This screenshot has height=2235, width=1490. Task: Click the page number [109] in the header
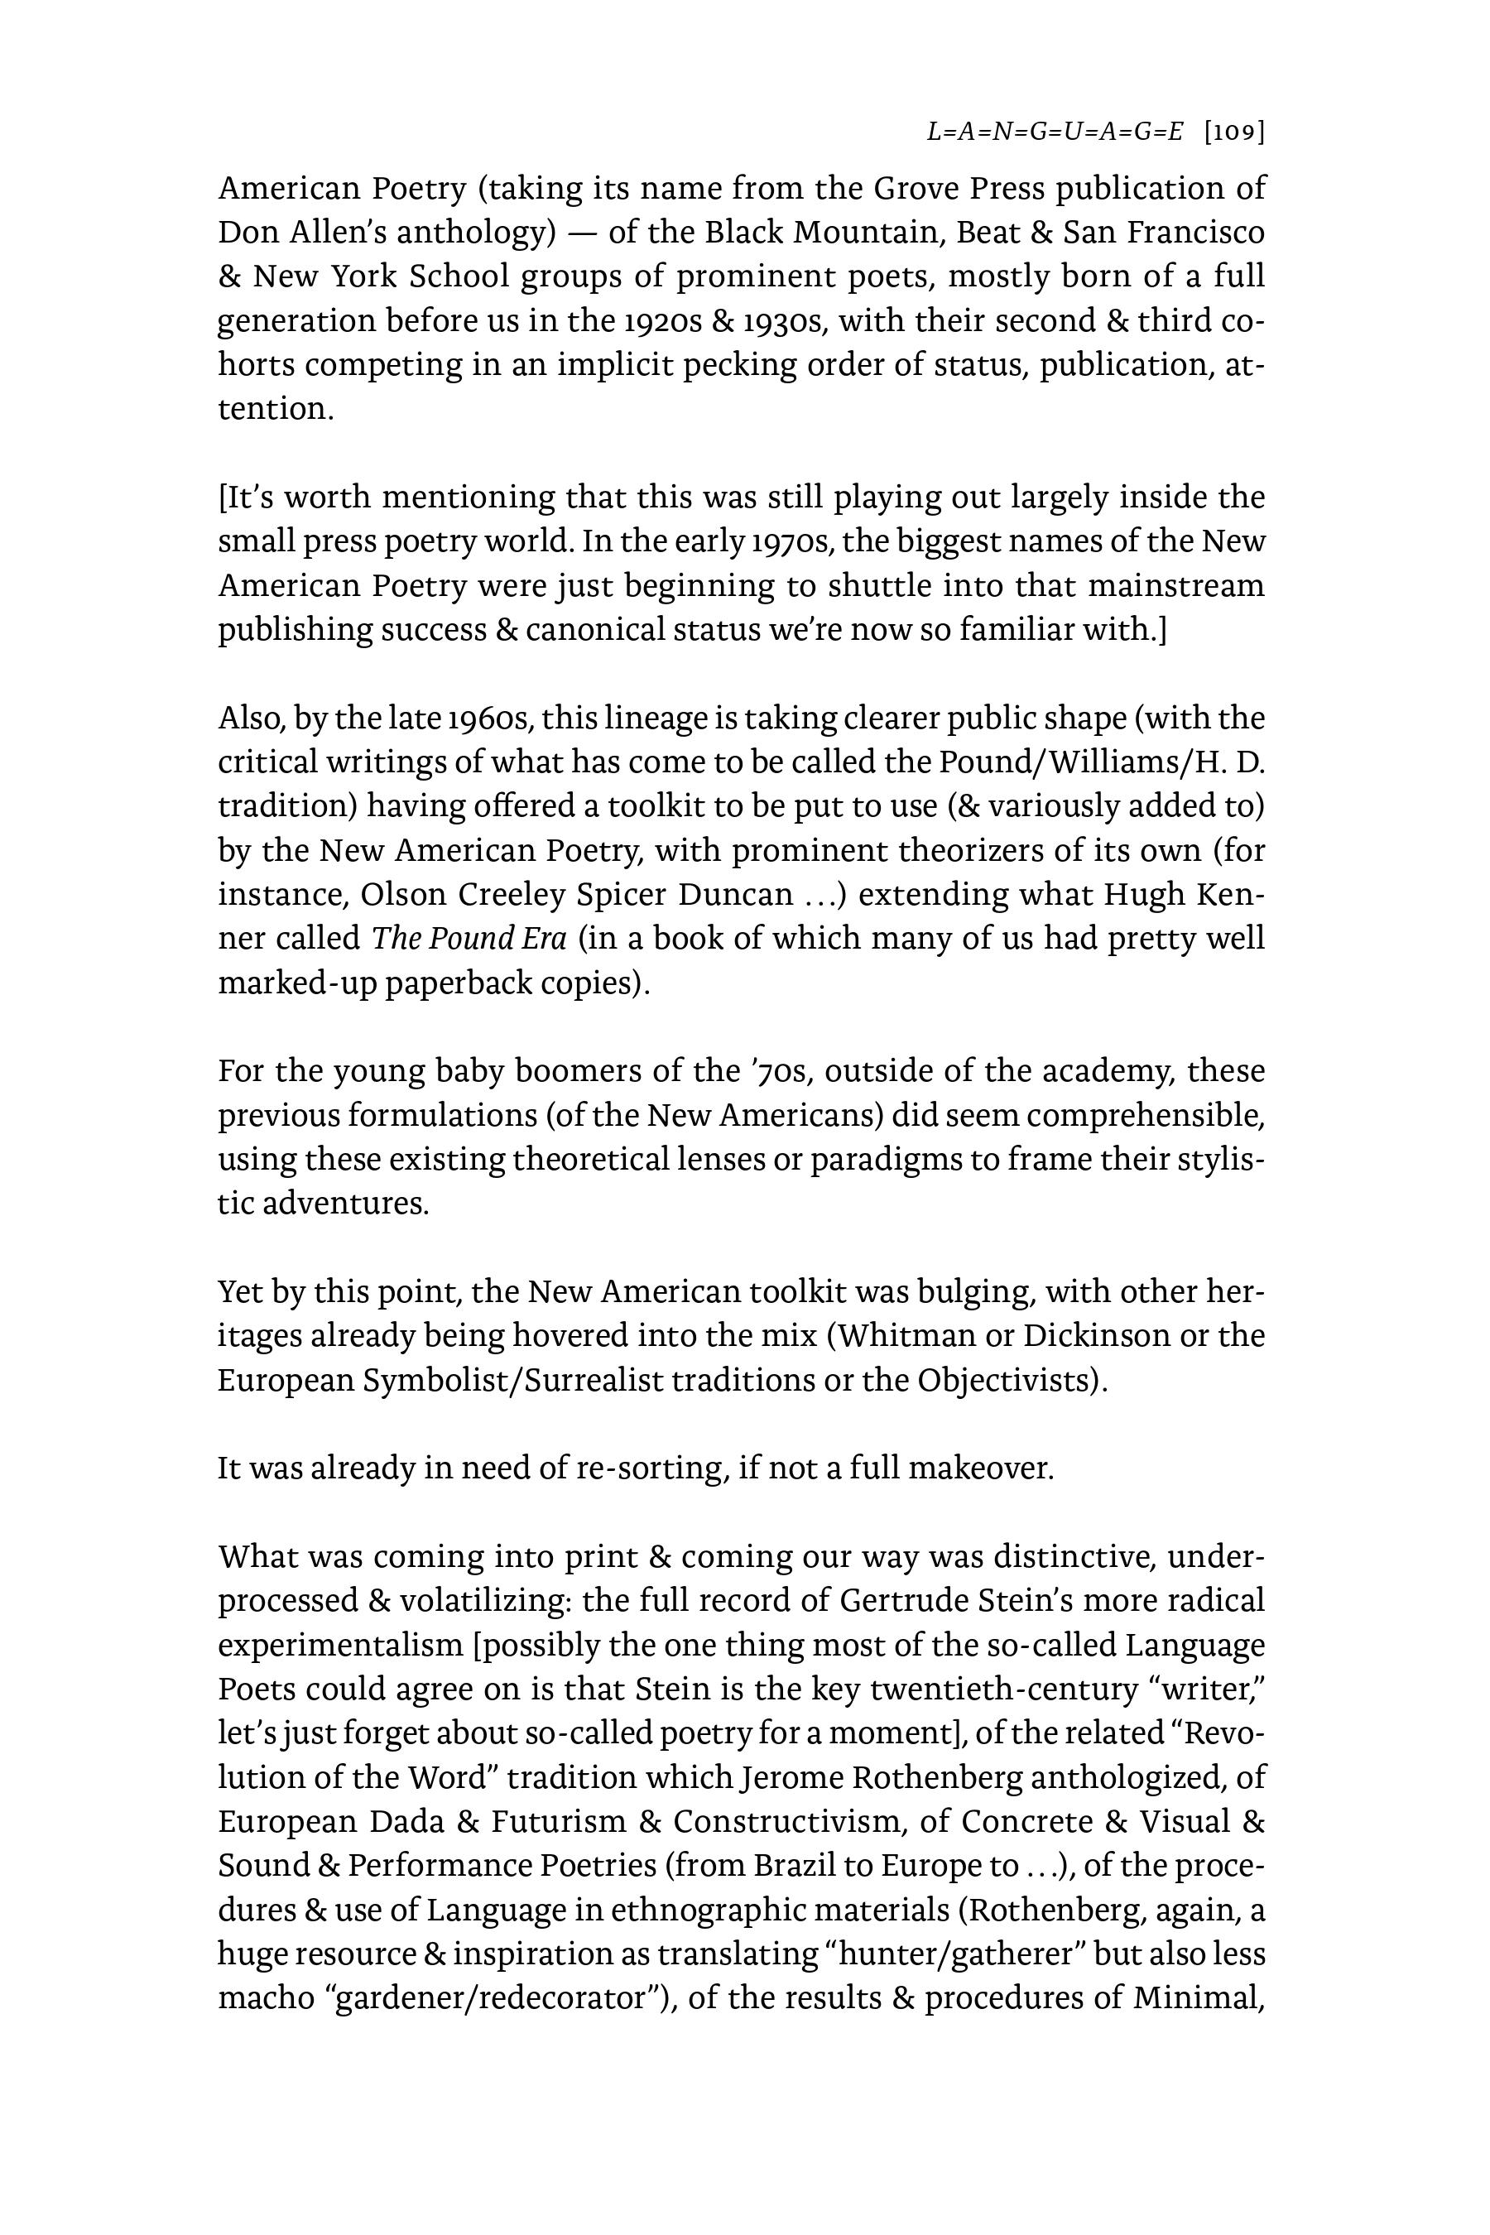click(1233, 132)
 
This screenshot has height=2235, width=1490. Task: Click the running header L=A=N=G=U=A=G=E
click(1054, 132)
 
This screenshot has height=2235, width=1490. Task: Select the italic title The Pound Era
click(469, 938)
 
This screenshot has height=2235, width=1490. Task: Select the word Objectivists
click(1011, 1380)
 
